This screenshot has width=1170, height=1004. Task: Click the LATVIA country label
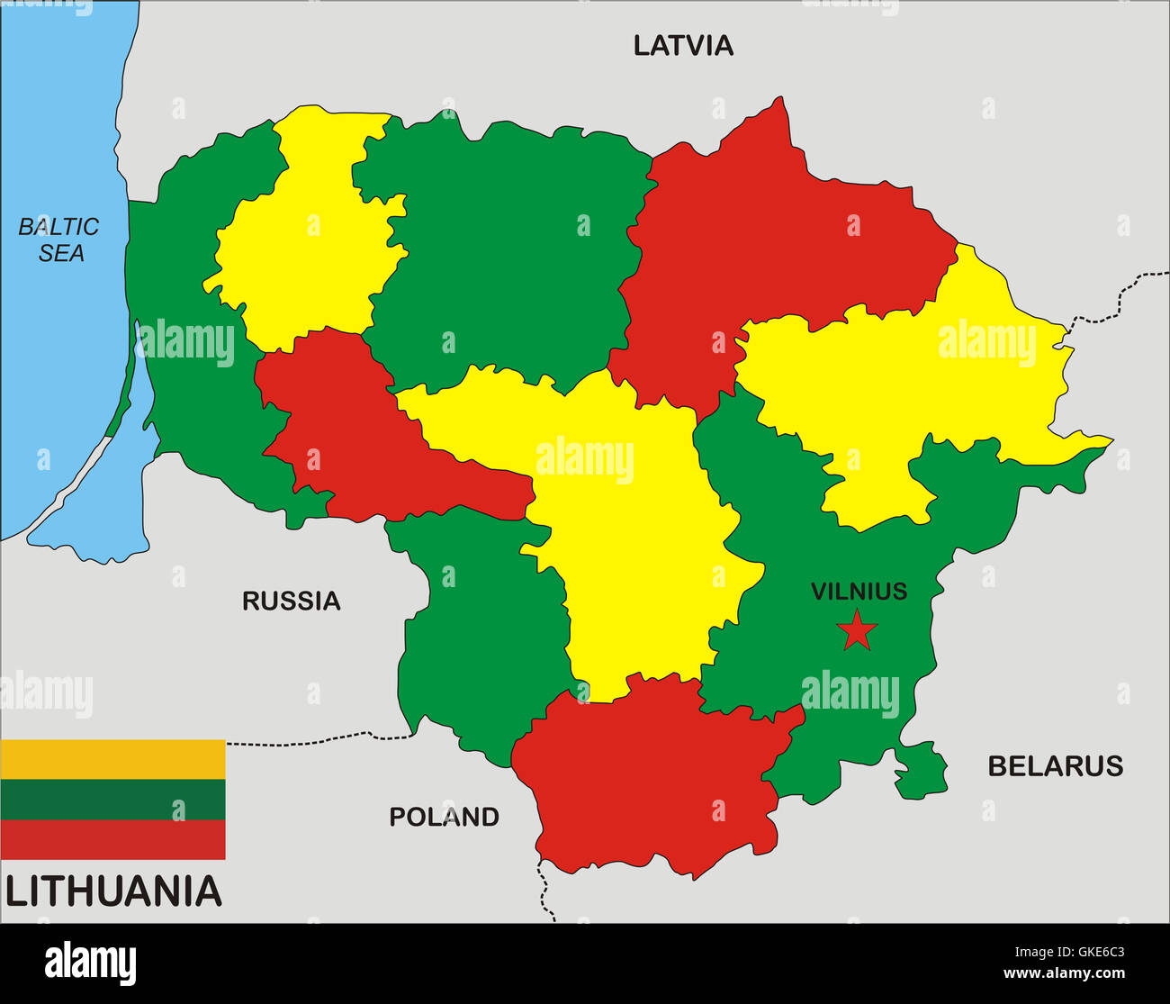click(683, 46)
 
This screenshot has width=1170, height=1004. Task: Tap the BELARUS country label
click(1055, 766)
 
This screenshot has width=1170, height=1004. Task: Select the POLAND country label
click(444, 817)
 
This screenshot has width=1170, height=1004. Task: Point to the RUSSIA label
click(291, 601)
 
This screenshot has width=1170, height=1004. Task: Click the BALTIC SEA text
click(59, 240)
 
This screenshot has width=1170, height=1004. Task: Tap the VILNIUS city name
click(859, 592)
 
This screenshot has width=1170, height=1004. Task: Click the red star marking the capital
click(857, 631)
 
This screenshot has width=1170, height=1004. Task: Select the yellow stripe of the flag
click(112, 759)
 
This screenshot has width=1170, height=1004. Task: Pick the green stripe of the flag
click(112, 800)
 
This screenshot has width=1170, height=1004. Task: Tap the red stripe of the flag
click(112, 839)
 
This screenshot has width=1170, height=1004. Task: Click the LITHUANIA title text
click(113, 891)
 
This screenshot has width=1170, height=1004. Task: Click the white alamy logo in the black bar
click(90, 963)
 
